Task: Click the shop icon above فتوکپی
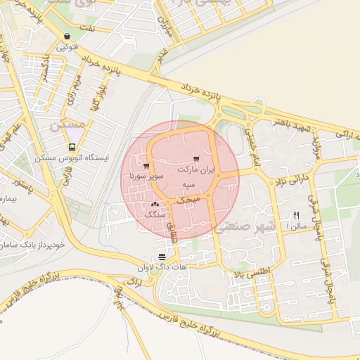point(67,37)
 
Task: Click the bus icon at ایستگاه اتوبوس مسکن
point(72,148)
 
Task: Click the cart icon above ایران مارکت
point(195,160)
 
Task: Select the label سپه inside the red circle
point(188,184)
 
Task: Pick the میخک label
point(188,200)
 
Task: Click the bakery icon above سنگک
point(154,203)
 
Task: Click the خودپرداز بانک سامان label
point(39,243)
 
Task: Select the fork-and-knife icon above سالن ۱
point(296,215)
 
